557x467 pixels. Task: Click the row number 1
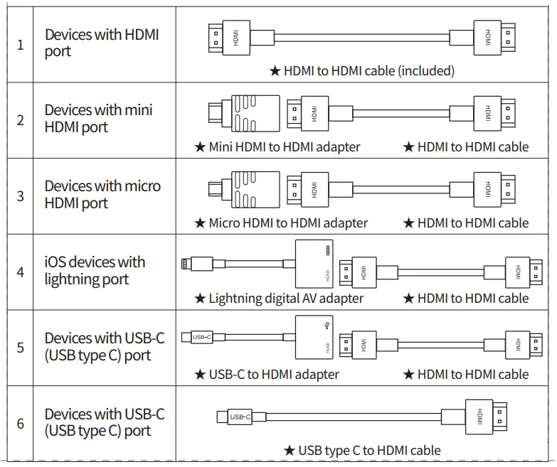[20, 45]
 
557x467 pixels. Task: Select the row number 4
[20, 272]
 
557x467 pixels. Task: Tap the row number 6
[20, 424]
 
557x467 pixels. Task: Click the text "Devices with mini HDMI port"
[98, 118]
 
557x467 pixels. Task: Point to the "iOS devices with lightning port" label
[95, 270]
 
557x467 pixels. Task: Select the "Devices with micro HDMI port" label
[102, 195]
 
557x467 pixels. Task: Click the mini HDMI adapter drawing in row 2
[244, 114]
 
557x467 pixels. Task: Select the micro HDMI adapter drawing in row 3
[244, 190]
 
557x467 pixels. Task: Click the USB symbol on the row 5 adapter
[327, 325]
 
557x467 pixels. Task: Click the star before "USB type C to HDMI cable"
[290, 451]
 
